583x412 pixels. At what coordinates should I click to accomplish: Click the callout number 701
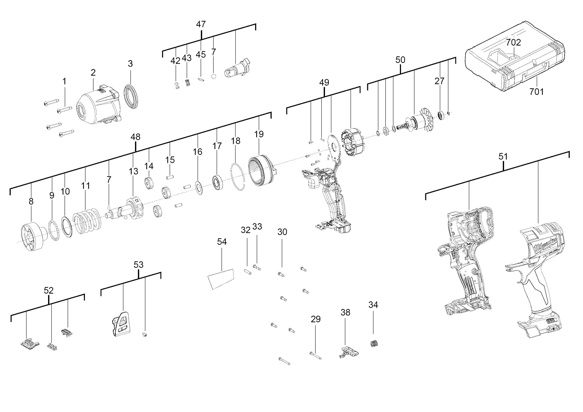click(x=537, y=92)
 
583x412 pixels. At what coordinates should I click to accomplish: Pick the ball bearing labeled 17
click(x=218, y=182)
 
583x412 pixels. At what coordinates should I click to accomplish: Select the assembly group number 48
click(x=135, y=137)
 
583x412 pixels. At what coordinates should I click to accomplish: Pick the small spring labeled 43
click(x=188, y=82)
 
